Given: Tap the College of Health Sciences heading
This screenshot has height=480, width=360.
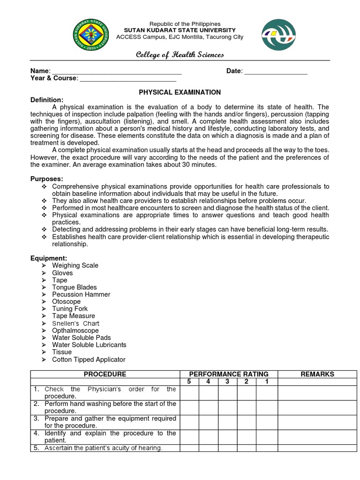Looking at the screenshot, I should (x=180, y=55).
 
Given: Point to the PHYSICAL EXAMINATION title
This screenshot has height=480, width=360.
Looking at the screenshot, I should (x=180, y=92).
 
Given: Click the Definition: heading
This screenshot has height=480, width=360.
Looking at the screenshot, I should (x=47, y=100).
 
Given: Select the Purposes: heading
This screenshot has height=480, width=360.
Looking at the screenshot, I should (x=47, y=179).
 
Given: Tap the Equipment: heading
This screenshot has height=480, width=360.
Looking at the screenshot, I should (x=49, y=258).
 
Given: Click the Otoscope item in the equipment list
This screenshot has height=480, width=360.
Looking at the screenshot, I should (x=66, y=301).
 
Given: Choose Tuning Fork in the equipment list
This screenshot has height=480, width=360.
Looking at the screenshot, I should (x=70, y=309).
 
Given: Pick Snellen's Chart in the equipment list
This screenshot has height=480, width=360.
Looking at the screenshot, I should (x=75, y=323).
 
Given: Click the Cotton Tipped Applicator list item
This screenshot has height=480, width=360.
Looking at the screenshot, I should (x=89, y=360).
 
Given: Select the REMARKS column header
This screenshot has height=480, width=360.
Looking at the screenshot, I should (x=317, y=374).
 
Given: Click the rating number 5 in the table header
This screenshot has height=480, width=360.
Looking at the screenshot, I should (x=189, y=382).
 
